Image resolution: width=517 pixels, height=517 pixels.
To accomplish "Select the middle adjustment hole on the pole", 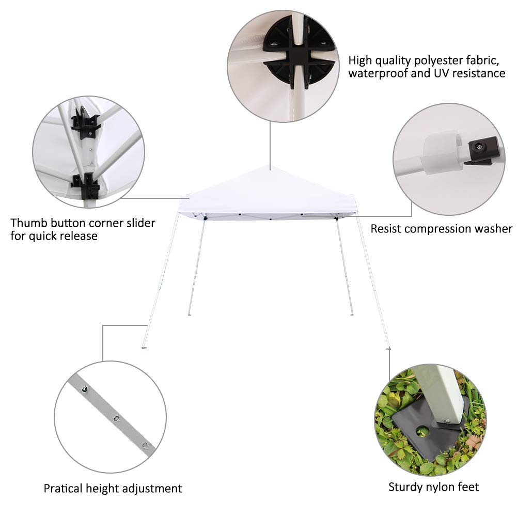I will [116, 417].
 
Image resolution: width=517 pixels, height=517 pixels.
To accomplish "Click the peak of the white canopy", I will [270, 167].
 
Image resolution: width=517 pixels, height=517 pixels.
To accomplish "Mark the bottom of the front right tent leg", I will [388, 348].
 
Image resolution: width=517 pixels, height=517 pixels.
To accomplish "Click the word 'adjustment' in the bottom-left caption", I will [149, 488].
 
